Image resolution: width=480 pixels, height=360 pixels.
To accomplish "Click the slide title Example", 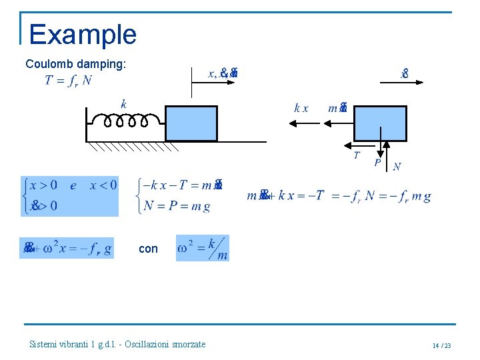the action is coord(83,34).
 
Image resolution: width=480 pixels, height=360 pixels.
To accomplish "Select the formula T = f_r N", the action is coord(69,81).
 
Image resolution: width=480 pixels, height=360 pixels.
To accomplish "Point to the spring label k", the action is coord(123,103).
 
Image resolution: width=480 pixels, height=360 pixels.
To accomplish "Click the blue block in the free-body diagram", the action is coord(380,123).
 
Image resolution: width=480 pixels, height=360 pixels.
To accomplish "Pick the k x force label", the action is coord(301,108).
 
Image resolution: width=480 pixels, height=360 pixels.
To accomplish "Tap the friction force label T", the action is coord(357,155).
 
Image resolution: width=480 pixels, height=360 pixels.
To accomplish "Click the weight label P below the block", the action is coord(377,162).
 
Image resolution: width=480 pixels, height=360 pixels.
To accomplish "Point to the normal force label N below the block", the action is coord(397,167).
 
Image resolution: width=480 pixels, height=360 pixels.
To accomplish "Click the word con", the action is coord(148,249).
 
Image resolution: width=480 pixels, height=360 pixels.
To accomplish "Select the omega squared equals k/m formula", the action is coord(203,248).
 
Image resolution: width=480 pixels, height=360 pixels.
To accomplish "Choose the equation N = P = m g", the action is coord(177,206).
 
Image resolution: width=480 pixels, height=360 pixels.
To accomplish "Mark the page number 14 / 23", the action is coord(441,345).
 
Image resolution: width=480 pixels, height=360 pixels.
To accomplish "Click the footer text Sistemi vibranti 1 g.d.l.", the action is coord(117,344).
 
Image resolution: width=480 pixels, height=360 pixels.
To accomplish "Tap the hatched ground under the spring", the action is coord(133,147).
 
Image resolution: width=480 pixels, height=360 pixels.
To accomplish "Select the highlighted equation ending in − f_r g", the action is coord(67,248).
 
